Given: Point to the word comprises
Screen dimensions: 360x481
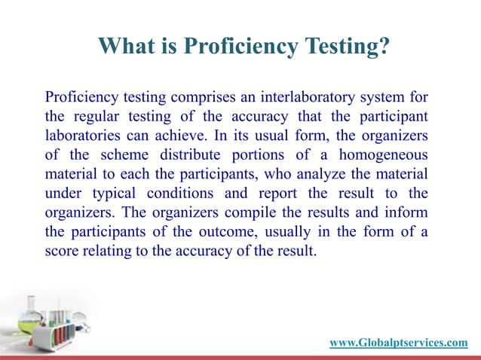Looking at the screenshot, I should coord(205,97).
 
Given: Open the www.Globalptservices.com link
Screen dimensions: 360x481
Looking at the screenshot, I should coord(398,343).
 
